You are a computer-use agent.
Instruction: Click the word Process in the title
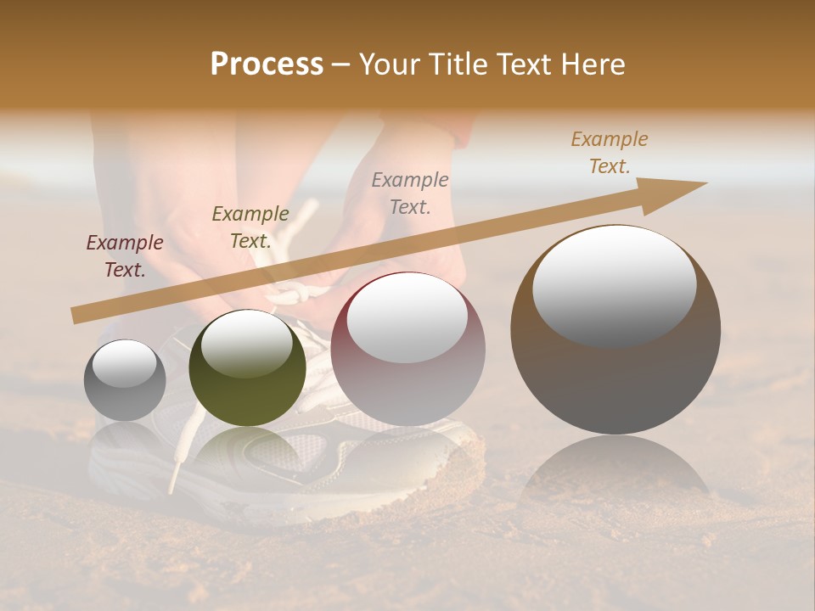pos(267,64)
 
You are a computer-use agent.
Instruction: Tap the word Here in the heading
pos(589,64)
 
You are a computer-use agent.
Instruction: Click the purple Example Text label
pos(125,255)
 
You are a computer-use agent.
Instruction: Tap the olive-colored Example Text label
pos(250,227)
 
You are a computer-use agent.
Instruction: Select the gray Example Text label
pos(410,193)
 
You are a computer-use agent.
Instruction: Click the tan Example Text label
pos(610,152)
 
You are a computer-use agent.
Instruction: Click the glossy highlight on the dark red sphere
pos(407,317)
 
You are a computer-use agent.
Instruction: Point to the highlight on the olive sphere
pos(246,342)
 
